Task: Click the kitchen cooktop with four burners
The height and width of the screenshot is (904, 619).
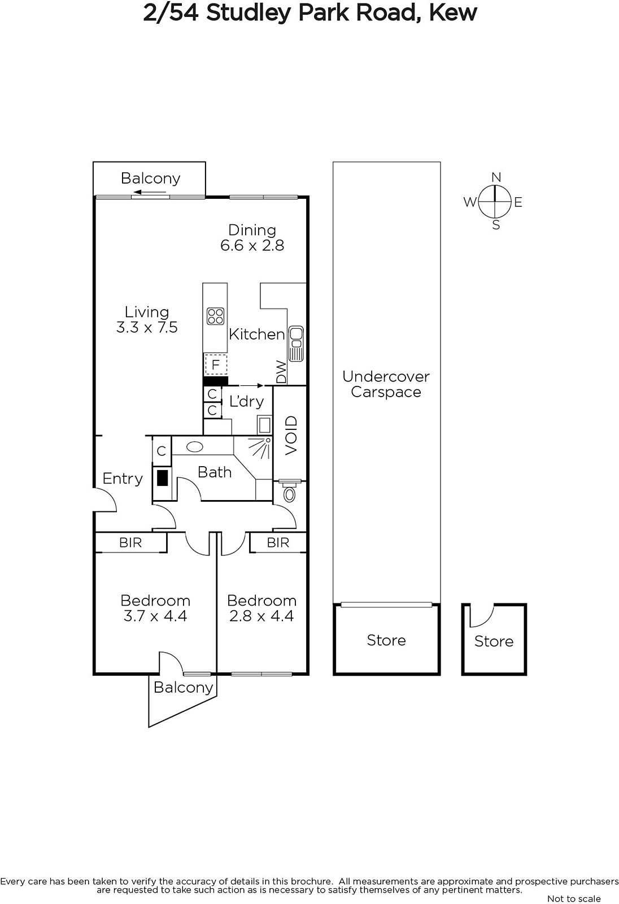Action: pyautogui.click(x=216, y=316)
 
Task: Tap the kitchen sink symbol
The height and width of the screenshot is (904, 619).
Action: pyautogui.click(x=297, y=344)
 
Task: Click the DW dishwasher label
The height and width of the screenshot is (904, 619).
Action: pyautogui.click(x=281, y=372)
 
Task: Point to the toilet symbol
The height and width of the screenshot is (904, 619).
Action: pyautogui.click(x=290, y=490)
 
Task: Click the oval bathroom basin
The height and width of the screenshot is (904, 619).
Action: pyautogui.click(x=195, y=446)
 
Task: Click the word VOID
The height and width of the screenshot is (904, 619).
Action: pyautogui.click(x=291, y=436)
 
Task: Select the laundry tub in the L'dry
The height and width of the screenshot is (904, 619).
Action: pyautogui.click(x=264, y=425)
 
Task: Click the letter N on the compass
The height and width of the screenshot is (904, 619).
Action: pyautogui.click(x=496, y=177)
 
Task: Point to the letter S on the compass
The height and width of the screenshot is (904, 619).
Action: pyautogui.click(x=496, y=225)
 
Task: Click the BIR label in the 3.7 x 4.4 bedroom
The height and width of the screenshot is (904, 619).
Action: pyautogui.click(x=130, y=542)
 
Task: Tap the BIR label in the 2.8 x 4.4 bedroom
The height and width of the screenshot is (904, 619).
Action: pyautogui.click(x=278, y=542)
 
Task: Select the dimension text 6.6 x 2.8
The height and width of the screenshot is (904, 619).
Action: pyautogui.click(x=252, y=245)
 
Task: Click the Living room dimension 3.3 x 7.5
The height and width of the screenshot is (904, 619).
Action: pyautogui.click(x=147, y=327)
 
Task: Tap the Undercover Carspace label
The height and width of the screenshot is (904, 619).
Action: pyautogui.click(x=386, y=384)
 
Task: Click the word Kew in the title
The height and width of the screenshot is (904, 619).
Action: pyautogui.click(x=453, y=12)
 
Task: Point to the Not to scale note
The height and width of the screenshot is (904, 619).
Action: pyautogui.click(x=574, y=899)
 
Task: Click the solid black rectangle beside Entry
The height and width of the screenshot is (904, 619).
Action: pyautogui.click(x=162, y=478)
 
